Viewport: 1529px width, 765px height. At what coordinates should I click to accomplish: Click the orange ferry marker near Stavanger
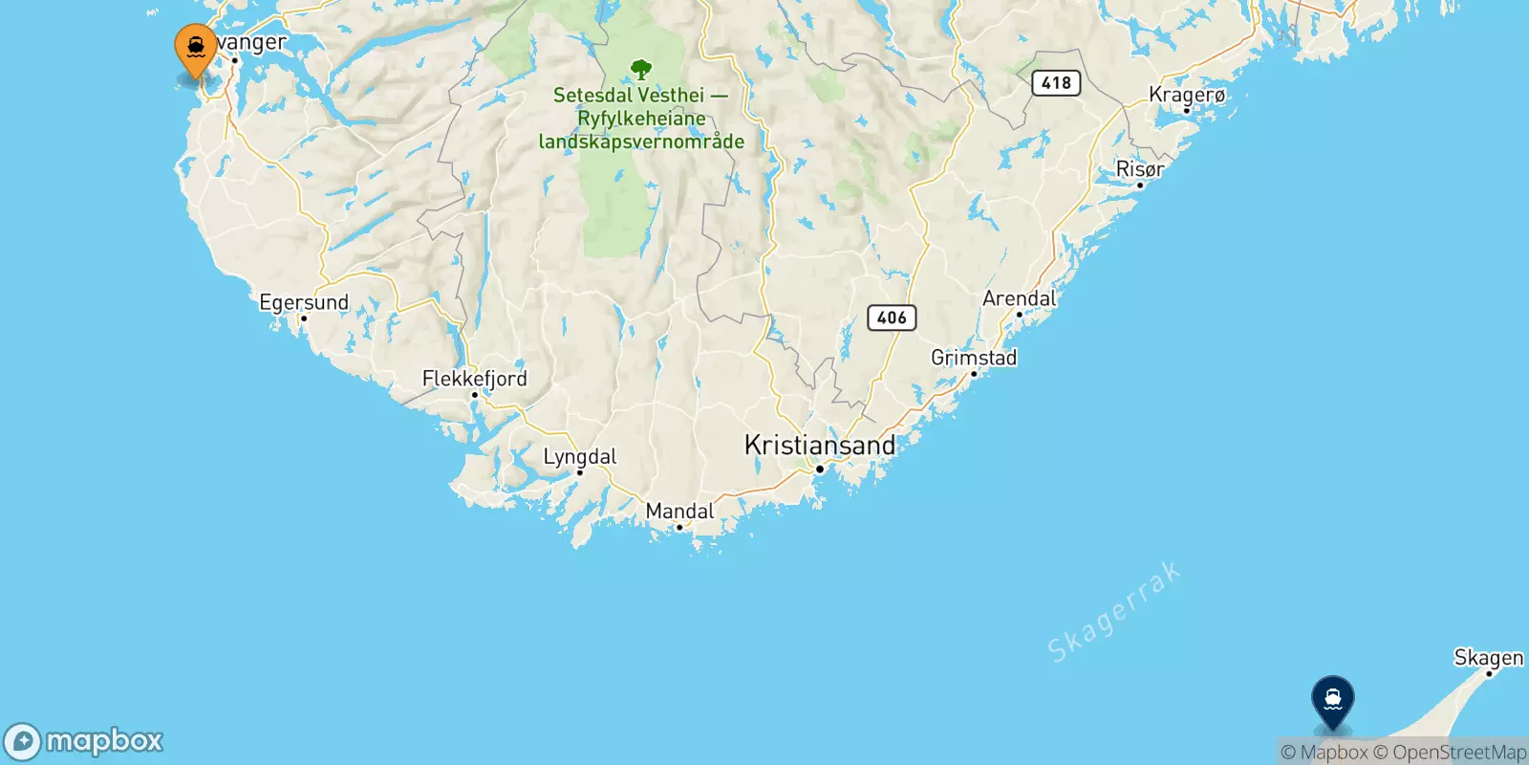click(196, 48)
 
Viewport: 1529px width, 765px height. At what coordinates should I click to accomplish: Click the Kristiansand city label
click(819, 446)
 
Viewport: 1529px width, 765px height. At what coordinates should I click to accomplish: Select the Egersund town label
click(304, 303)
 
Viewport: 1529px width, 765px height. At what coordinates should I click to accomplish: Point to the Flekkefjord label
click(474, 379)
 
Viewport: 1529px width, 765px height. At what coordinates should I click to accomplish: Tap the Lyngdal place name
click(579, 457)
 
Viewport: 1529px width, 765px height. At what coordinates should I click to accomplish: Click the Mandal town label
click(679, 512)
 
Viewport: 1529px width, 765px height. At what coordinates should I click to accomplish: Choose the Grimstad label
click(974, 358)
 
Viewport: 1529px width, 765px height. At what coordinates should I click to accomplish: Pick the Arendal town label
click(1019, 298)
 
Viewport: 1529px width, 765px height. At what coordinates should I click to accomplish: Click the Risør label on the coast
click(1140, 169)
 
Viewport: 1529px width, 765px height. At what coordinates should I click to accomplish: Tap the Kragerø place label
click(1187, 95)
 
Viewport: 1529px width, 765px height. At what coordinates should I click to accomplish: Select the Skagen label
click(1488, 658)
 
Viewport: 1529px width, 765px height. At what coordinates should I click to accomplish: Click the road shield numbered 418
click(1056, 83)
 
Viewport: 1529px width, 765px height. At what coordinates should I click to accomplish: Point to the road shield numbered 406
click(891, 317)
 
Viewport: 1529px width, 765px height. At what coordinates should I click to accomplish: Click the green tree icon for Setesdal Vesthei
click(641, 69)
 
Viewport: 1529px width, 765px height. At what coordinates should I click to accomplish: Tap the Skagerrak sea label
click(1113, 613)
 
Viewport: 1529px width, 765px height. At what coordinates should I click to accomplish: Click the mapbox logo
click(84, 741)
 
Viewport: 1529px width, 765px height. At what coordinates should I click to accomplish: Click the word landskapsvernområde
click(641, 142)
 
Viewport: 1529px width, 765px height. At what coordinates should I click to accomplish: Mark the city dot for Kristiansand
click(819, 470)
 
